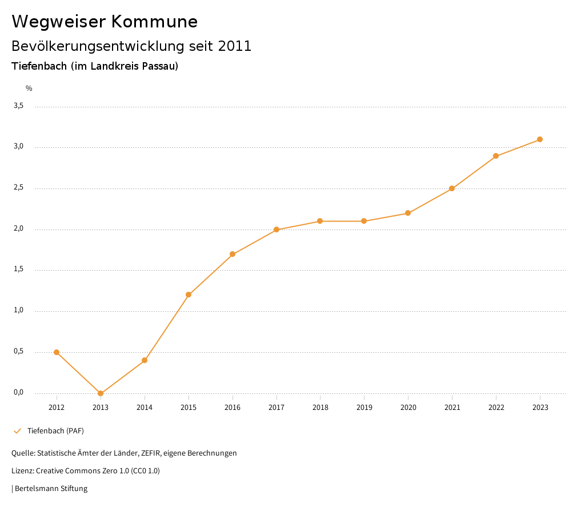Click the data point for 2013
coord(101,393)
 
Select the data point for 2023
coord(540,139)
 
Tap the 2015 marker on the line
coord(189,295)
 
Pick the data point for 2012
coord(57,352)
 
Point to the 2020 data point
coord(408,213)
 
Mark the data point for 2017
coord(277,230)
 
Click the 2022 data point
coord(496,156)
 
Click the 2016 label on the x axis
coord(233,408)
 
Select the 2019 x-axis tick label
coord(364,408)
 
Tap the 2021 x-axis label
coord(452,408)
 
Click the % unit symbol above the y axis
coord(29,88)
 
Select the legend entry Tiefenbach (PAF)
coord(55,430)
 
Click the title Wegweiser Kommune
coord(105,22)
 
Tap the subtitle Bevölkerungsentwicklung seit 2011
coord(131,46)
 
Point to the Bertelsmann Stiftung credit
coord(51,489)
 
